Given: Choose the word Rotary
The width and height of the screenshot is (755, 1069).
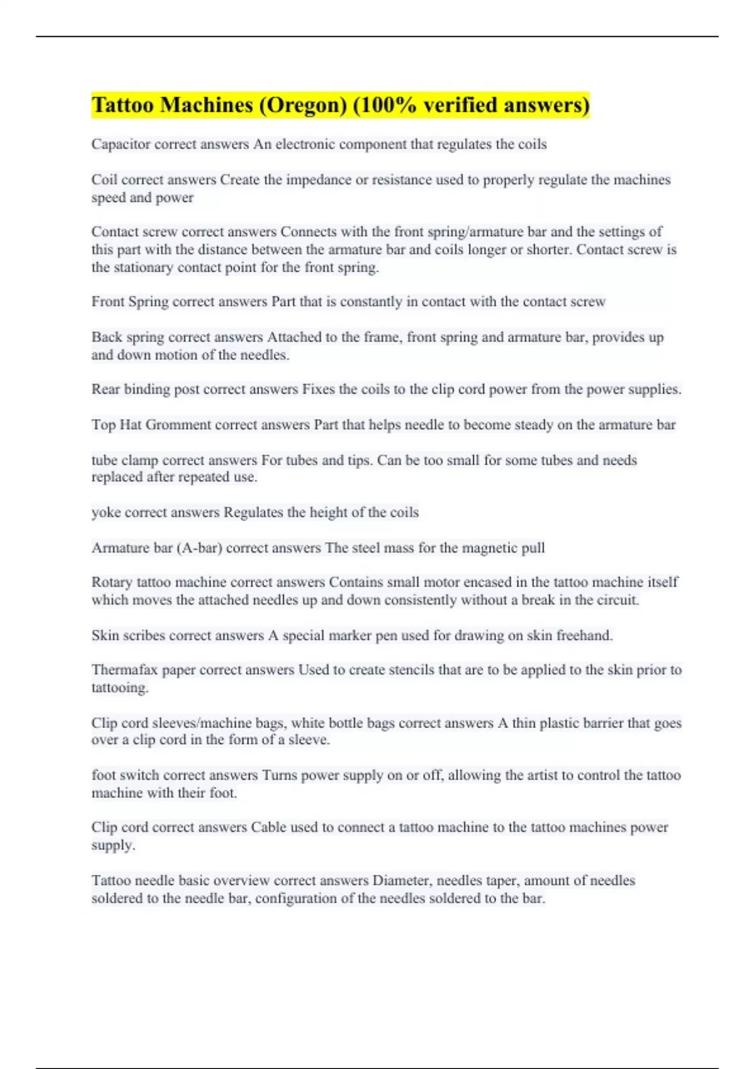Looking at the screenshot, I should pos(112,582).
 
